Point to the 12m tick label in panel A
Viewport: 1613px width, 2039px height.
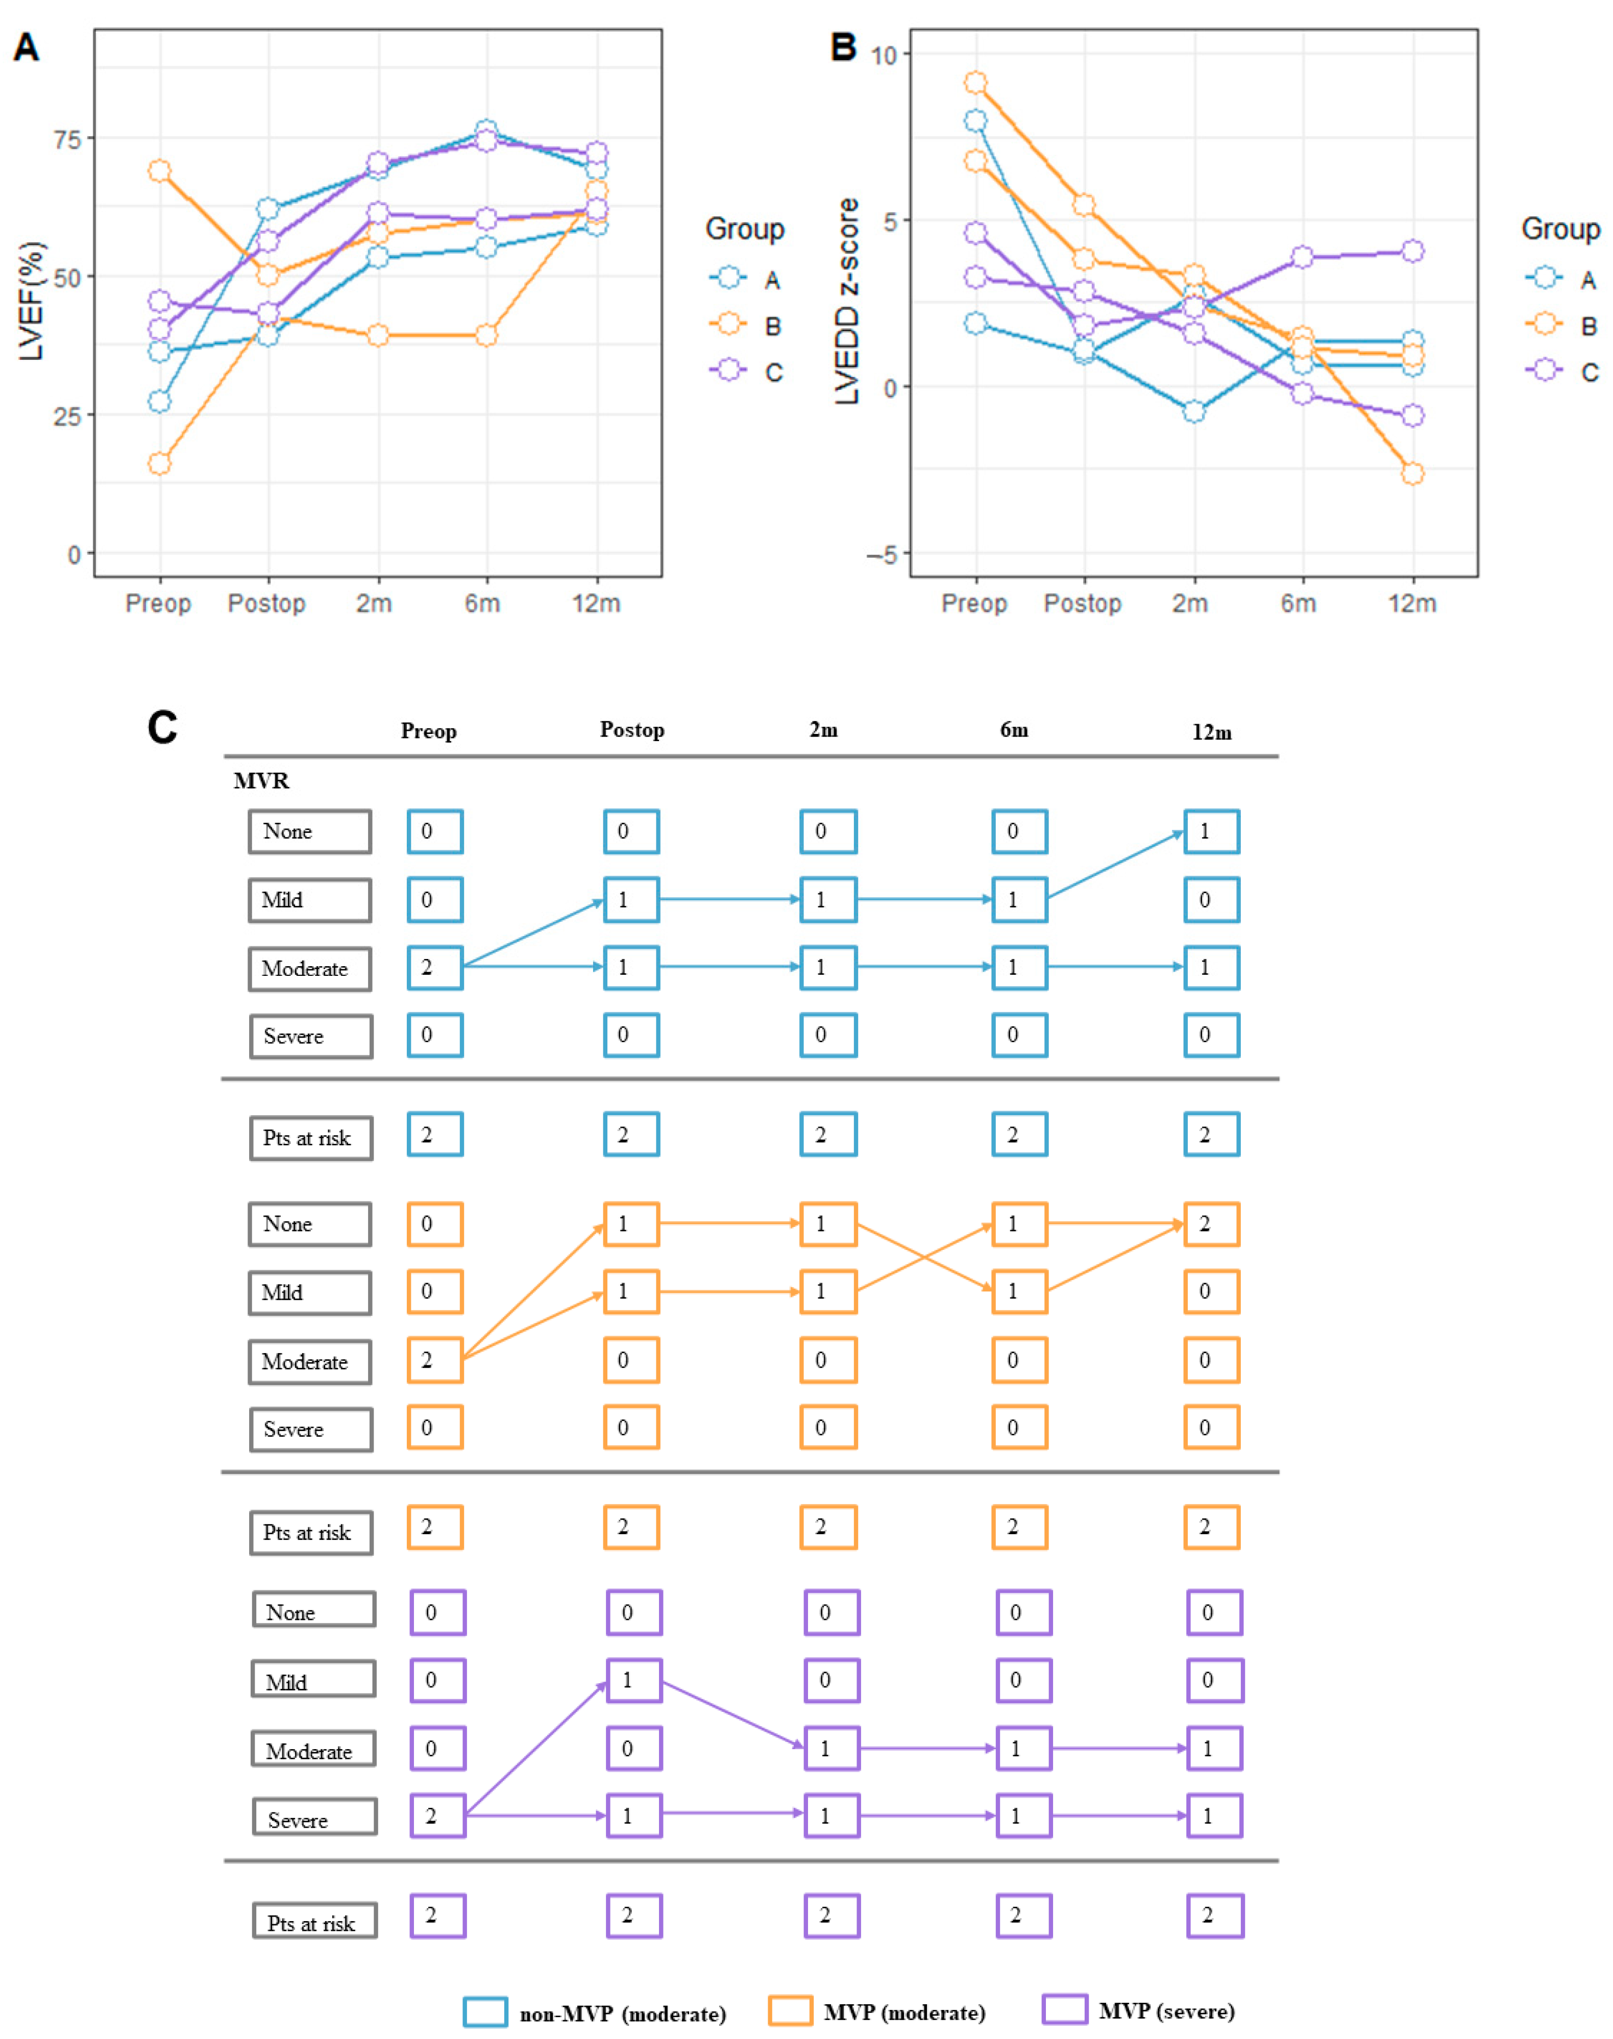pos(596,603)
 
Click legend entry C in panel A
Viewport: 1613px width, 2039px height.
pos(773,372)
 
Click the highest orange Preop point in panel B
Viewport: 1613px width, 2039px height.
pos(975,83)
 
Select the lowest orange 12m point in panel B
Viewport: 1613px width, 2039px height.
pos(1412,473)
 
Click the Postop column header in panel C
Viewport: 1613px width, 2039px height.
pos(632,730)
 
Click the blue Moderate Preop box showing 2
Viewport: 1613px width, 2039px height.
pos(434,967)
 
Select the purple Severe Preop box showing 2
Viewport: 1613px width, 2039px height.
pos(437,1815)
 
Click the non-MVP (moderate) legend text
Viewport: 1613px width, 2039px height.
pos(622,2013)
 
